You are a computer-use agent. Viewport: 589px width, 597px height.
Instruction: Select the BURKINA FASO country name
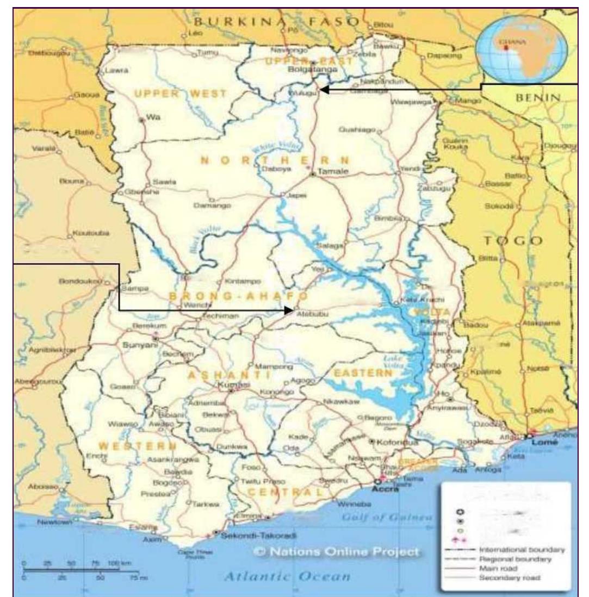coord(277,22)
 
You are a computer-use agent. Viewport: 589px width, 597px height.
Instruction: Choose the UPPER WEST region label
coord(179,94)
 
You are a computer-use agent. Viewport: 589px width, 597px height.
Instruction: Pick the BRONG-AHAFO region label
coord(238,296)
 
